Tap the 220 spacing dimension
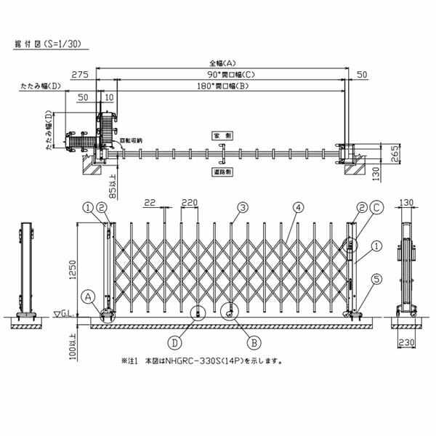(190, 202)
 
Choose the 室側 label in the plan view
(221, 136)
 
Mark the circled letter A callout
(88, 296)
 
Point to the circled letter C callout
(376, 208)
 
